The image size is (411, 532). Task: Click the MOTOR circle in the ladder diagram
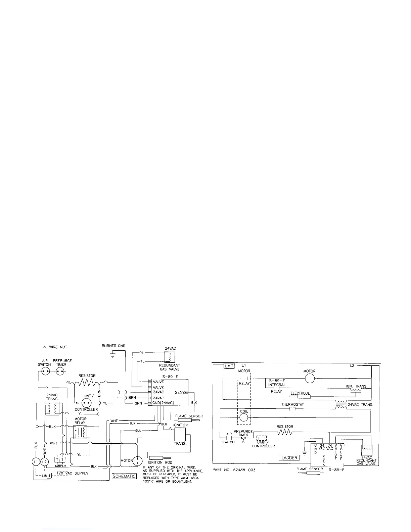[x=309, y=379]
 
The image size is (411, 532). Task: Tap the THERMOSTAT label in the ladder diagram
[x=292, y=405]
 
